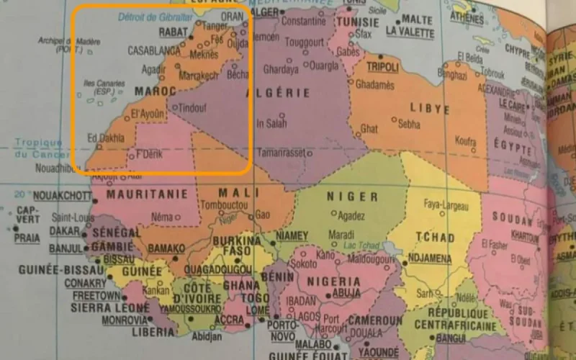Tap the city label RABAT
pyautogui.click(x=173, y=33)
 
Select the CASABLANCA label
pyautogui.click(x=154, y=51)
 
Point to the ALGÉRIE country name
pyautogui.click(x=278, y=93)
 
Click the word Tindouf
pyautogui.click(x=192, y=108)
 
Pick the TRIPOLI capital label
pyautogui.click(x=382, y=67)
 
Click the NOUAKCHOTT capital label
pyautogui.click(x=62, y=196)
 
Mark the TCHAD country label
pyautogui.click(x=434, y=238)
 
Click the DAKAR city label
pyautogui.click(x=65, y=231)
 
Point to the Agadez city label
pyautogui.click(x=351, y=215)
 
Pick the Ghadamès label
pyautogui.click(x=375, y=85)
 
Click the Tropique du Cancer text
pyautogui.click(x=39, y=148)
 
